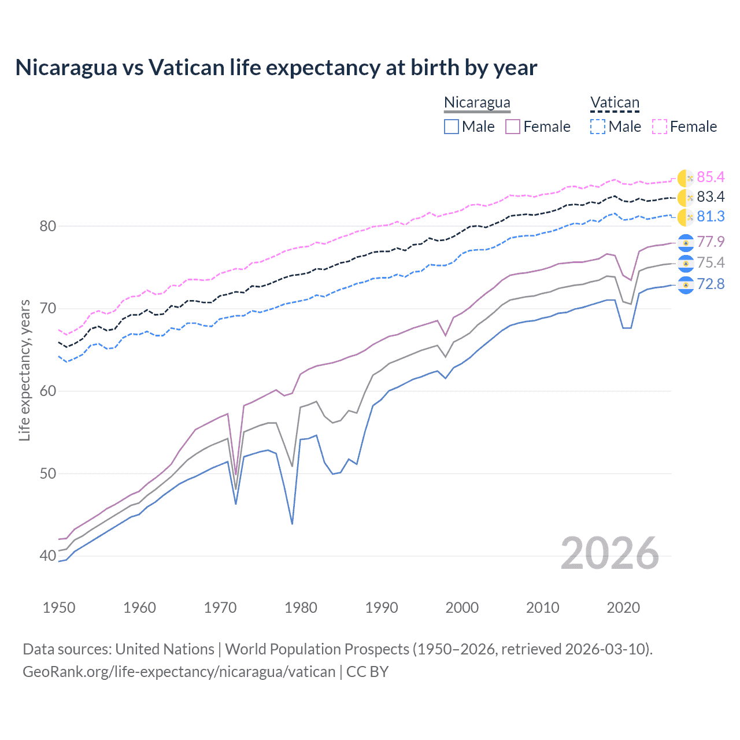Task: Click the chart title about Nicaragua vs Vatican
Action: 276,68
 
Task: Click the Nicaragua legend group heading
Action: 477,102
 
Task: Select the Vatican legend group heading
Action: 615,103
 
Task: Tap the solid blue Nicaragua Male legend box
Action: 452,127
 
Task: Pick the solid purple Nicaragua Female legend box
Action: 513,127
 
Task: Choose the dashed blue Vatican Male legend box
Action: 598,127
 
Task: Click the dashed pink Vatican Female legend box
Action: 660,127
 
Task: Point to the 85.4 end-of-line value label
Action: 711,177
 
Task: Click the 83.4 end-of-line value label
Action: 711,197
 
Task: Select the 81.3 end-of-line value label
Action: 711,217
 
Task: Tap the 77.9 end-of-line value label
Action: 711,242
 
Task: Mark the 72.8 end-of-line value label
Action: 711,284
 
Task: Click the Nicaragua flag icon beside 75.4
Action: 686,263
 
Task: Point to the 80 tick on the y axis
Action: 48,226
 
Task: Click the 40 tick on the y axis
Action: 48,556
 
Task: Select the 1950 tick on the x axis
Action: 59,608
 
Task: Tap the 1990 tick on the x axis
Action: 382,608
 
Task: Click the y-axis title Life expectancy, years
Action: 25,370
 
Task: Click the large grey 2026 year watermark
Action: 609,553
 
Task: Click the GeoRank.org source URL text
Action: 179,672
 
